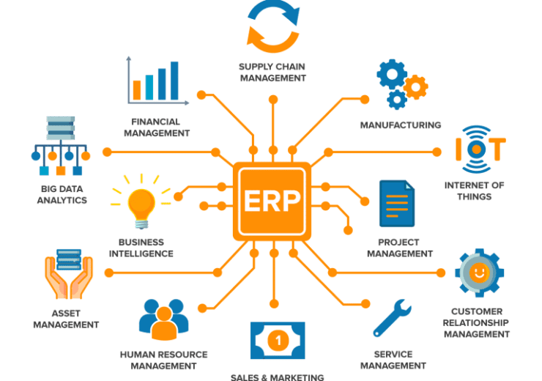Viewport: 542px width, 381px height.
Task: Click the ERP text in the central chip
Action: [x=272, y=201]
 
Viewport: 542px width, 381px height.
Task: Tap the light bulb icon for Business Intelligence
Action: [x=141, y=205]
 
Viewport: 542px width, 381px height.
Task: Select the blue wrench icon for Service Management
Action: [x=392, y=318]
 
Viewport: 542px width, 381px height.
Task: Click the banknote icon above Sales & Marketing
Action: [x=278, y=341]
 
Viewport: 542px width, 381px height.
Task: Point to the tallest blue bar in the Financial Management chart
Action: [x=174, y=81]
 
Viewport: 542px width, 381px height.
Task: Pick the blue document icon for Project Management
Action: [x=397, y=203]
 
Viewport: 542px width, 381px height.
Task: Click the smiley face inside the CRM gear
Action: [x=479, y=272]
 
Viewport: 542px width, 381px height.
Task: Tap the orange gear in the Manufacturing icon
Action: [x=416, y=86]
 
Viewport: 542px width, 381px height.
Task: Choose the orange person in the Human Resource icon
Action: [x=164, y=324]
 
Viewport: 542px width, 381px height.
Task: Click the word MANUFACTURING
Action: [x=401, y=125]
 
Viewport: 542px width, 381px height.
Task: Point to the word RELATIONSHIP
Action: [x=475, y=323]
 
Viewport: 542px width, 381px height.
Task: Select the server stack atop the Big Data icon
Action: [x=61, y=128]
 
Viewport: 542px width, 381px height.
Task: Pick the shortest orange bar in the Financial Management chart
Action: [x=137, y=90]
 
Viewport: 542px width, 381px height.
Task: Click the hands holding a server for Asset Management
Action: [x=68, y=274]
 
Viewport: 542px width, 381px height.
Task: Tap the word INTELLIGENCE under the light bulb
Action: [x=141, y=254]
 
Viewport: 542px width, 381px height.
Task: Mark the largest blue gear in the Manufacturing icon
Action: [x=392, y=74]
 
